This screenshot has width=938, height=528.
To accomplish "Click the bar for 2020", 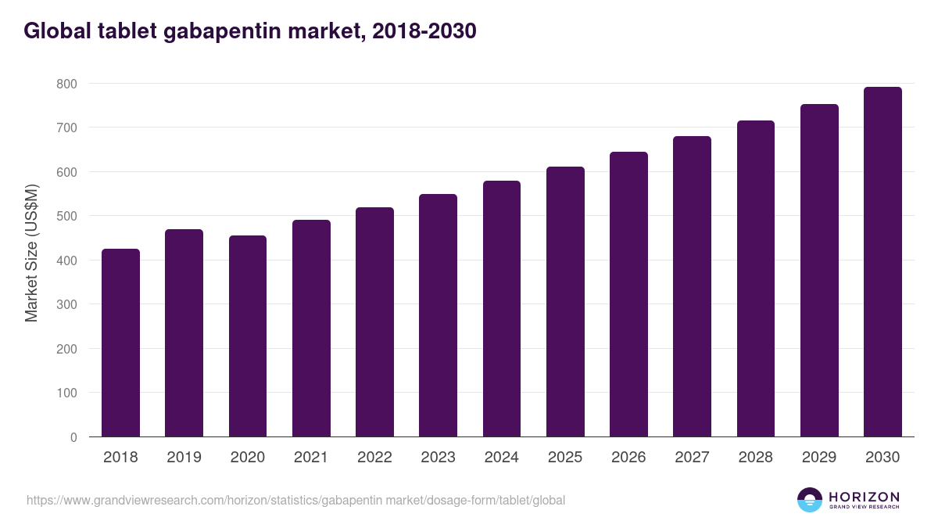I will tap(248, 336).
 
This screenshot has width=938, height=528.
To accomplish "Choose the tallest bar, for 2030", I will tap(883, 262).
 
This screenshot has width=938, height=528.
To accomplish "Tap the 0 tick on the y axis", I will tap(73, 437).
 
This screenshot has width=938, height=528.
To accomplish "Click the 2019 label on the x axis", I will tap(184, 458).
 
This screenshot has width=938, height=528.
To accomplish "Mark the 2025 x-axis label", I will tap(565, 458).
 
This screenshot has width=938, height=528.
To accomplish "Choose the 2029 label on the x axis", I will tap(819, 458).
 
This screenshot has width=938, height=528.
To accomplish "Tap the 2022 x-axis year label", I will tap(374, 458).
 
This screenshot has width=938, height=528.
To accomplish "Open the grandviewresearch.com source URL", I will tap(295, 500).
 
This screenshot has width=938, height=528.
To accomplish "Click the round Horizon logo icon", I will tap(810, 500).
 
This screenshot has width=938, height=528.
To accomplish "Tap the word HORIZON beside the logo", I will tap(864, 497).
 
